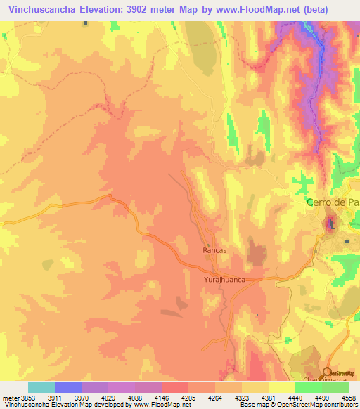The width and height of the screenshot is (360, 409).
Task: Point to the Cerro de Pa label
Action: coord(333,202)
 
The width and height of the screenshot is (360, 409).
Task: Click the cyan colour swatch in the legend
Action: coord(41,387)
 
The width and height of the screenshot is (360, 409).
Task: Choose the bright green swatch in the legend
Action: coord(308,387)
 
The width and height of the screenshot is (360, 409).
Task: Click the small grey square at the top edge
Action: coord(85,23)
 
